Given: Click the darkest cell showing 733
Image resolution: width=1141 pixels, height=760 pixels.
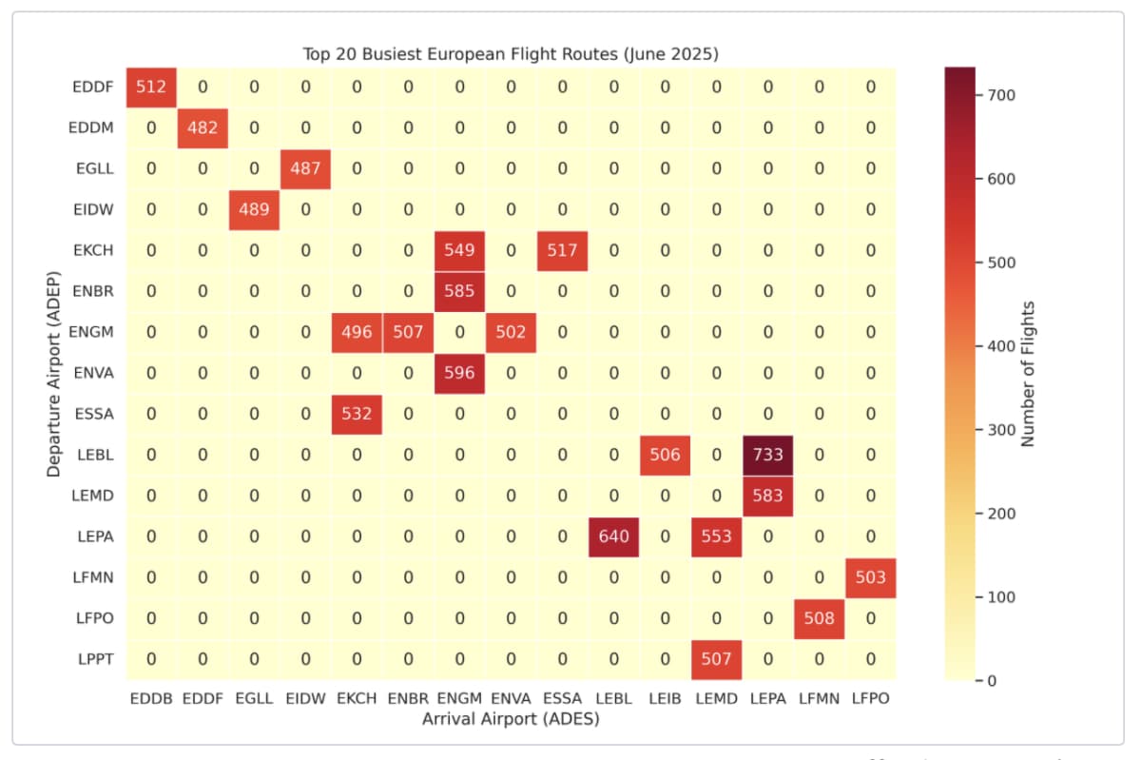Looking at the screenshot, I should [x=767, y=455].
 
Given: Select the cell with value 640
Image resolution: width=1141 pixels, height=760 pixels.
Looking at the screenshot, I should [x=613, y=536].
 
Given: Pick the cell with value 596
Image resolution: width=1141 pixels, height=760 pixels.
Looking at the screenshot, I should [x=459, y=373].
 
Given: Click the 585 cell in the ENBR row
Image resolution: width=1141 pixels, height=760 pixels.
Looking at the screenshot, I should [x=459, y=291].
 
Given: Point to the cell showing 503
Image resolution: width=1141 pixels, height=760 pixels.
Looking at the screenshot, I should [x=870, y=576].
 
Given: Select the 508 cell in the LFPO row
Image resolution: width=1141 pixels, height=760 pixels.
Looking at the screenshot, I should [x=819, y=617].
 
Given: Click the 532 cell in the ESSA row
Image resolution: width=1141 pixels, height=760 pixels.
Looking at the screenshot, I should [x=357, y=414].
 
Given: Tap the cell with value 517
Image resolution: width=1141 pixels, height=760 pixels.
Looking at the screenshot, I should [x=562, y=250].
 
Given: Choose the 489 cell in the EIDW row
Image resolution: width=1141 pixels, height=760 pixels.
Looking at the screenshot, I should [x=254, y=209].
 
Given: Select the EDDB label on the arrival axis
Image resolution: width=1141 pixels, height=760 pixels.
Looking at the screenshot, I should [x=151, y=698].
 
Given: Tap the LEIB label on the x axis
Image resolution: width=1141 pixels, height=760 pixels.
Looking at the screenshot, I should [x=665, y=698].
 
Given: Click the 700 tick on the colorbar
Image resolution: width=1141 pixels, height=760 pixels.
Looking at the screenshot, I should [x=1004, y=95].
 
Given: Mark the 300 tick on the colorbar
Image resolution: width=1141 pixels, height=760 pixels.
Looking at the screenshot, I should [x=1004, y=430].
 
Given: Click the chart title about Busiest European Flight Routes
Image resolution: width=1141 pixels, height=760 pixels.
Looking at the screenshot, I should [x=511, y=54].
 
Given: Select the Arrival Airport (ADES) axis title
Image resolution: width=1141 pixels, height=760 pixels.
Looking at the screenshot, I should [x=511, y=719].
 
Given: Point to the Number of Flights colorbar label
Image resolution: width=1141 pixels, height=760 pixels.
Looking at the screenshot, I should [x=1027, y=374].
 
